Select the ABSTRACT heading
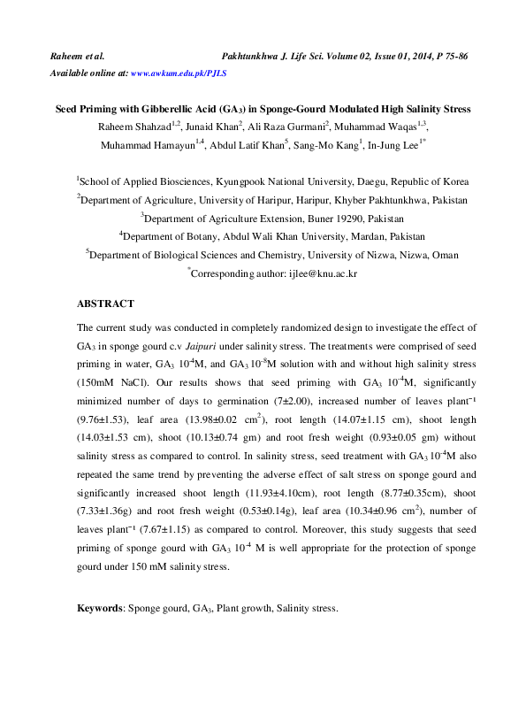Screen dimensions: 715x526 (x=105, y=304)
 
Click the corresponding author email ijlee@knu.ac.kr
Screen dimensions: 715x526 (x=323, y=275)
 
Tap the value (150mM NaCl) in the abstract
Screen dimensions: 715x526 (x=110, y=382)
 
